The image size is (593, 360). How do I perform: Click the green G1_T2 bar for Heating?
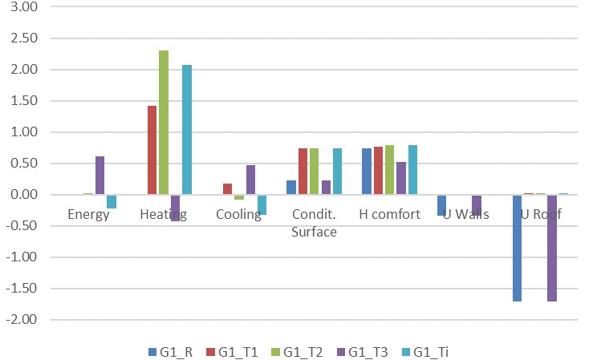point(164,123)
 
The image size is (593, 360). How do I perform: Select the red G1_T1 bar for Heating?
point(152,150)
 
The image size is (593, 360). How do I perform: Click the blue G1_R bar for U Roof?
point(518,248)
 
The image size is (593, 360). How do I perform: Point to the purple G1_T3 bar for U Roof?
point(552,248)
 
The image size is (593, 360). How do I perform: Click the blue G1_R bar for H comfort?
point(367,172)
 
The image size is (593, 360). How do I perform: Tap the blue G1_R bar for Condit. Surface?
point(291,188)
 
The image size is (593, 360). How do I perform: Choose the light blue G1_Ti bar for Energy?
point(112,201)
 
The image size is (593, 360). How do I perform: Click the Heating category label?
point(164,215)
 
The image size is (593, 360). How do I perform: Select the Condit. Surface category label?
point(315,223)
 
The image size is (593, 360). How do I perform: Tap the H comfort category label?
point(390,215)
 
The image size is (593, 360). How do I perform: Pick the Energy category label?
point(88,215)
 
